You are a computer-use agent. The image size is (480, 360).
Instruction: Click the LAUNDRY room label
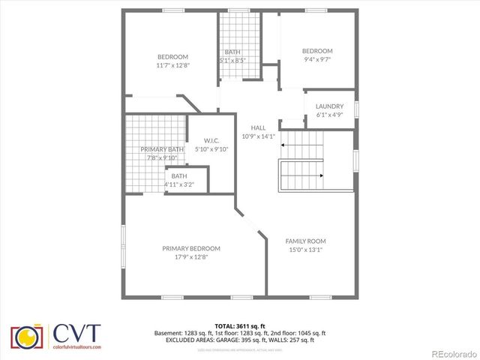click(x=329, y=106)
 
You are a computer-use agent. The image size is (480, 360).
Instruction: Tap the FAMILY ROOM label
click(x=305, y=241)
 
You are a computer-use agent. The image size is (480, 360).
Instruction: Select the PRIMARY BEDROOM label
click(x=191, y=248)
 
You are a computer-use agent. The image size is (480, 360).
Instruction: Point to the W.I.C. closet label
click(x=211, y=140)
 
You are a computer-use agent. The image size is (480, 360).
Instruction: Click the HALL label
click(x=258, y=127)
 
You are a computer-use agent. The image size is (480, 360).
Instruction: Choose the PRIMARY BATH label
click(x=162, y=149)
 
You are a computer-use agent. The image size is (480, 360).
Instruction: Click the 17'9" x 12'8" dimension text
click(x=191, y=257)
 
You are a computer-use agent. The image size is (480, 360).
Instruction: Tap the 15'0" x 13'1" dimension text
click(x=305, y=250)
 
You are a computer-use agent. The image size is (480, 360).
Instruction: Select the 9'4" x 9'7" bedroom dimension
click(x=317, y=59)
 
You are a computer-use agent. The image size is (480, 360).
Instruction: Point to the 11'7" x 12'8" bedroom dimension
click(x=172, y=65)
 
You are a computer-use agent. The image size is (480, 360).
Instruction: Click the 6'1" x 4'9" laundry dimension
click(x=329, y=115)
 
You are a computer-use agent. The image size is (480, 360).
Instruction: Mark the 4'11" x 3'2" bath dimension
click(x=179, y=184)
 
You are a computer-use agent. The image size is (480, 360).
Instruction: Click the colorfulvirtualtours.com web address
click(x=75, y=347)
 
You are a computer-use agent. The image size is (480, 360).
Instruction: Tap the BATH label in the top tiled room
click(x=232, y=52)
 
